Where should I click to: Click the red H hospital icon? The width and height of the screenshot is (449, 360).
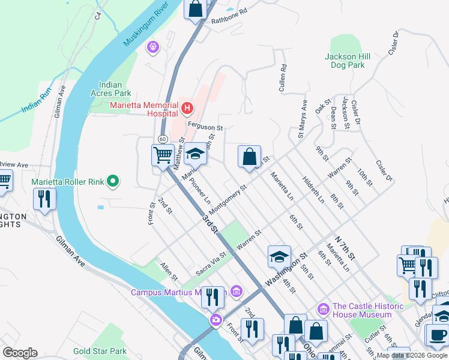[188, 109]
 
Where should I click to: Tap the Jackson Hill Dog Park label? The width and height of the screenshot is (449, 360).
[348, 61]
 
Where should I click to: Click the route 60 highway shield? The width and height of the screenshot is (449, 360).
[163, 139]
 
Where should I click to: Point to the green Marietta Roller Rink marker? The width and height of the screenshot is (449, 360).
[112, 181]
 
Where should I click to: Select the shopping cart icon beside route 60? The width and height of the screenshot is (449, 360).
[163, 156]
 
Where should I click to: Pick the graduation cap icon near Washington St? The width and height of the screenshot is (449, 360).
[279, 257]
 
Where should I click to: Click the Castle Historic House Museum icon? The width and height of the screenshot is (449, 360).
[324, 309]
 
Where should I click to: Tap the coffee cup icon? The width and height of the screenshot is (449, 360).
[437, 335]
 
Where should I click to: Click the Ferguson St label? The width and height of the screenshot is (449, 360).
[205, 127]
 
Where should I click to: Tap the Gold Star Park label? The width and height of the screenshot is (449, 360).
[100, 351]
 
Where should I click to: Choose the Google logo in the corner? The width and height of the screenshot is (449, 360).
[19, 353]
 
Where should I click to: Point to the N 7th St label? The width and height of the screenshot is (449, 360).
[346, 247]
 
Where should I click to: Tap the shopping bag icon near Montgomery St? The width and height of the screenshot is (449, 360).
[249, 157]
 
